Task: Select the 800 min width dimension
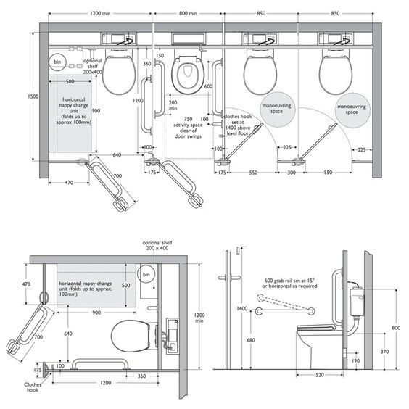[189, 14]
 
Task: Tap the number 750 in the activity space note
[188, 118]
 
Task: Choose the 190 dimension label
[355, 360]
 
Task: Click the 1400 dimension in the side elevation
[241, 309]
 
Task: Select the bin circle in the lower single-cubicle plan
[146, 275]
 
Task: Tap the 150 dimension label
[160, 56]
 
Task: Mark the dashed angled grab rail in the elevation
[286, 304]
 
